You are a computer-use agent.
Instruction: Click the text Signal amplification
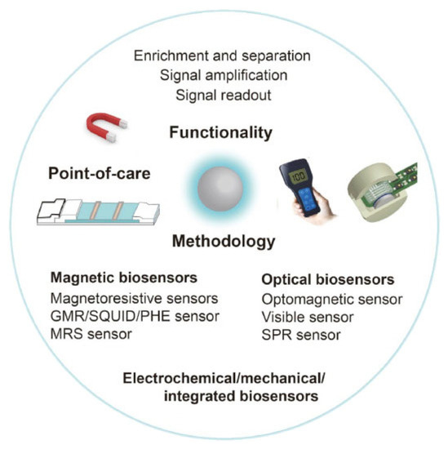pyautogui.click(x=224, y=75)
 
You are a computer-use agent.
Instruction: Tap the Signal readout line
pyautogui.click(x=224, y=95)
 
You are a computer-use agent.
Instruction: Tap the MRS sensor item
pyautogui.click(x=91, y=333)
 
